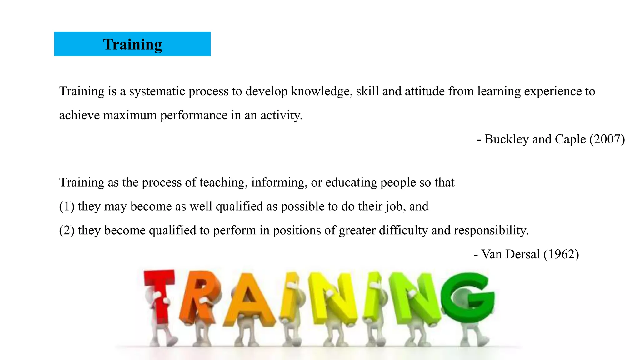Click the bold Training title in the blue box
pos(132,44)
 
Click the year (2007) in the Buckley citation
pos(607,139)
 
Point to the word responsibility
pos(491,231)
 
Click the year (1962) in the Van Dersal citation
pos(561,254)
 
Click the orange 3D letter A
pos(248,300)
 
